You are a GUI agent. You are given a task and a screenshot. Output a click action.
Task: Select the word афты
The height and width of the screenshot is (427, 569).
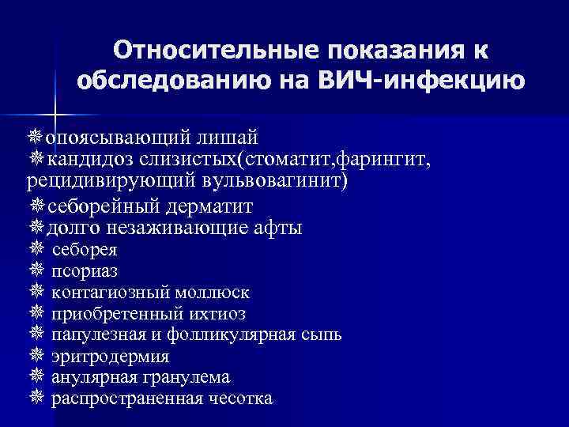pyautogui.click(x=274, y=229)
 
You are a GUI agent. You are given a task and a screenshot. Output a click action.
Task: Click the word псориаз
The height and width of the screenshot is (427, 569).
pyautogui.click(x=85, y=271)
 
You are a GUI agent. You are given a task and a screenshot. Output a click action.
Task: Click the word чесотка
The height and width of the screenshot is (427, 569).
pyautogui.click(x=240, y=399)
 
